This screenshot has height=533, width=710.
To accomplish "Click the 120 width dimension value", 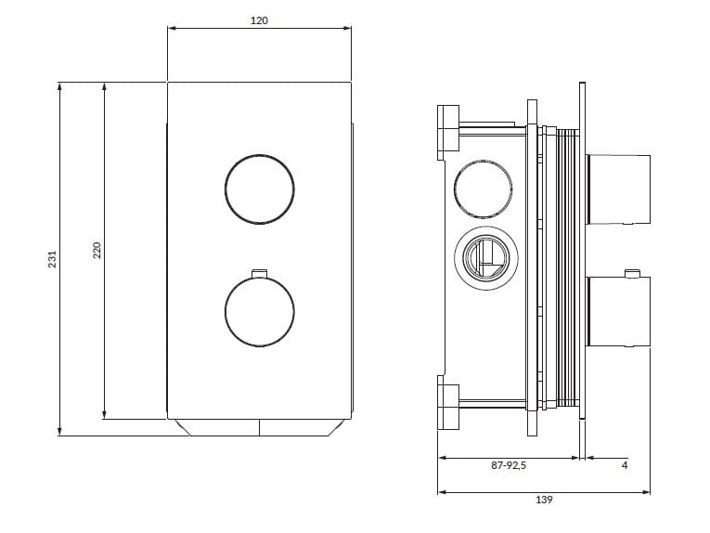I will point(259,20).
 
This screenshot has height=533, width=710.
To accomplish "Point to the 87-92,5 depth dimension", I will point(510,466).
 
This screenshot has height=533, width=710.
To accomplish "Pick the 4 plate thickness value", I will point(624,466).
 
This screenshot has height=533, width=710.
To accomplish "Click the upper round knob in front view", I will point(259,188).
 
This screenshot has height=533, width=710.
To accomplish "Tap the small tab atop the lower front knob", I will point(259,273).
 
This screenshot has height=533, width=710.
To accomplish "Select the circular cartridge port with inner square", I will point(483,258).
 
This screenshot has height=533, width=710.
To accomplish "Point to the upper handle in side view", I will point(619,189).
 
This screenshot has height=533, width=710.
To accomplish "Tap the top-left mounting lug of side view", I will point(448,128).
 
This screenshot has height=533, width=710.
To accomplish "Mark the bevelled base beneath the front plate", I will point(259,427).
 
